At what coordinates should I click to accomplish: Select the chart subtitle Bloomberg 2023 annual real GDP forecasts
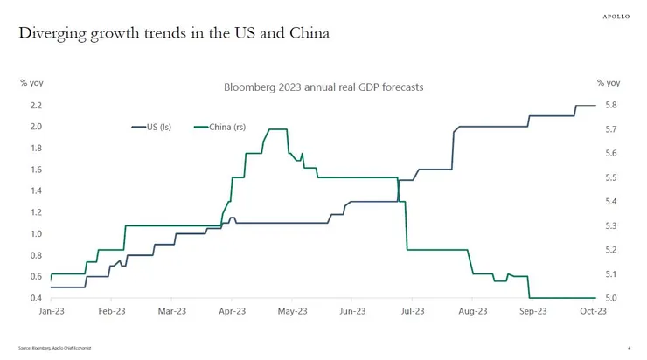[323, 87]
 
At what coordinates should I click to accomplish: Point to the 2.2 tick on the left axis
[35, 105]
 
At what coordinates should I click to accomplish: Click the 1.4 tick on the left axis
[35, 190]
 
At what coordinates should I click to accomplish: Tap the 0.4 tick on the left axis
[35, 299]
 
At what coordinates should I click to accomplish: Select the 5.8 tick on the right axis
[611, 105]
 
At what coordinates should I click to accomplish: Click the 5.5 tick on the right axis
[611, 177]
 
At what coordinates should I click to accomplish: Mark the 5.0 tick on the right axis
[611, 299]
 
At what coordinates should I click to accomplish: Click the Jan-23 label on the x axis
[51, 311]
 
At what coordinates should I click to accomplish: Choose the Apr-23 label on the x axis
[232, 311]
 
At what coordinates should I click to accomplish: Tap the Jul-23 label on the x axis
[413, 311]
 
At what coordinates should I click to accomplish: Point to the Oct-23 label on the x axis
[594, 311]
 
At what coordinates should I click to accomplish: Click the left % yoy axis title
[32, 83]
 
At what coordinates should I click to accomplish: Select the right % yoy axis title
[609, 83]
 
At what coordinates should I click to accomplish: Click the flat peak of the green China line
[277, 129]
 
